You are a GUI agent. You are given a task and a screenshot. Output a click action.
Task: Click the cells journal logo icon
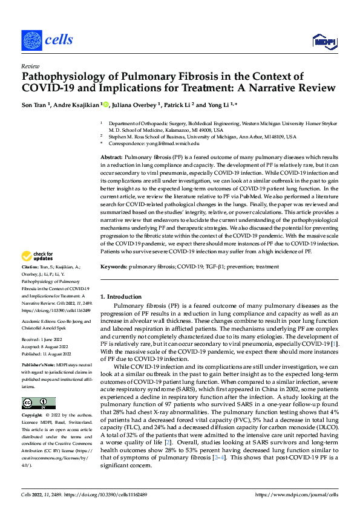tap(31, 40)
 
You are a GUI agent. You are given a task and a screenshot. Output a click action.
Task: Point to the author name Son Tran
tap(36, 105)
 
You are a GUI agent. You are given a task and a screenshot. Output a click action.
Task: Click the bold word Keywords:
tap(113, 266)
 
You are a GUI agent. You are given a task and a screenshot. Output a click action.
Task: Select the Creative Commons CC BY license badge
tap(38, 403)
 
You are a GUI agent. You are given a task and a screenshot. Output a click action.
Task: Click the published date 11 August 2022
tap(57, 354)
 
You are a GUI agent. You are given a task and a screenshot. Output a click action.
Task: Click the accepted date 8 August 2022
tap(56, 348)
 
